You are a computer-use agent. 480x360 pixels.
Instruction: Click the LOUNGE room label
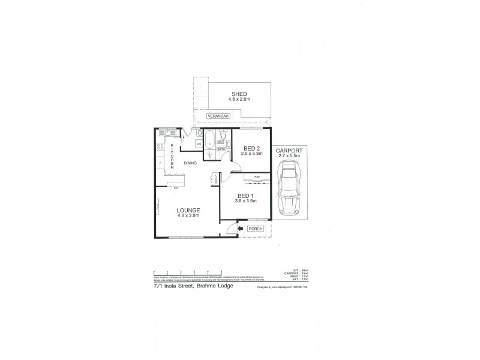pyautogui.click(x=188, y=210)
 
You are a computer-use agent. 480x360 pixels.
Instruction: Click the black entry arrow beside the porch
pyautogui.click(x=239, y=229)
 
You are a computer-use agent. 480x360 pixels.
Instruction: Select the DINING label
pyautogui.click(x=191, y=163)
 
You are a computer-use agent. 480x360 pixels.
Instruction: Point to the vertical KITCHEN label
pyautogui.click(x=172, y=155)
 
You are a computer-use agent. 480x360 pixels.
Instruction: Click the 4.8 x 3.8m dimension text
pyautogui.click(x=188, y=215)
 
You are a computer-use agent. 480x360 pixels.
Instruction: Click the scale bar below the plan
pyautogui.click(x=188, y=272)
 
